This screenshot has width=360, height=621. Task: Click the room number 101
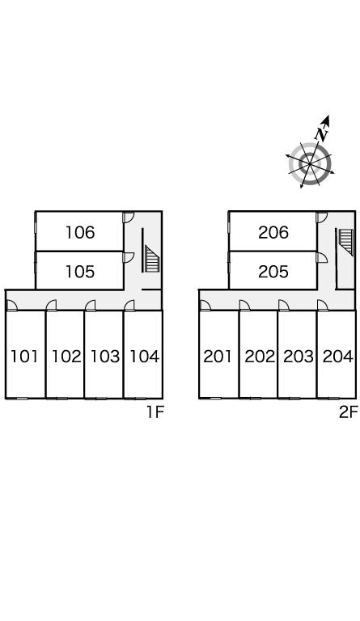[x=24, y=357]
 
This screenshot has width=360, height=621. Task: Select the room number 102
[x=66, y=357]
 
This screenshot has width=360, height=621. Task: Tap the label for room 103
[x=105, y=357]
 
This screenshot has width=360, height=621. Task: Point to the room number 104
[x=144, y=357]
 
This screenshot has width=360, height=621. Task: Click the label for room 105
[x=80, y=272]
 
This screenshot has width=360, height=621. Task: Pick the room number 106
[x=80, y=233]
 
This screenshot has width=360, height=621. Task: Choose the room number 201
[x=218, y=357]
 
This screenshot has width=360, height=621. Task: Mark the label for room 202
[x=260, y=357]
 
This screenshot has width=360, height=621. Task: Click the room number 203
[x=299, y=357]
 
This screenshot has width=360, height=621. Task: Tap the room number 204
[x=337, y=357]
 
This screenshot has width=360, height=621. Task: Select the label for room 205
[x=273, y=272]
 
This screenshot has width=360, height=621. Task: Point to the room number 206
[x=273, y=233]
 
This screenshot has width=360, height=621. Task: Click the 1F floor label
[x=155, y=412]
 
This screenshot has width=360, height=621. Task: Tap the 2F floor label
[x=348, y=412]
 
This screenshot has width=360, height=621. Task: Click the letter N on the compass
[x=323, y=134]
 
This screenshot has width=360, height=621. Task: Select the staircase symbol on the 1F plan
[x=151, y=259]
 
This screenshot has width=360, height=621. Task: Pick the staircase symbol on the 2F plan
[x=345, y=242]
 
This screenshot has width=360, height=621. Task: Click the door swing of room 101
[x=12, y=306]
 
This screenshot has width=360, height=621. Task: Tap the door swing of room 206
[x=322, y=217]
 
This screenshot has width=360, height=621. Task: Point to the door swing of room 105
[x=129, y=257]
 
